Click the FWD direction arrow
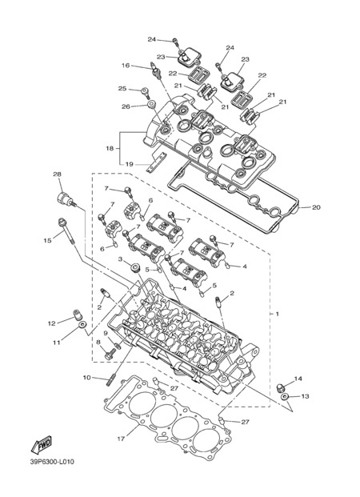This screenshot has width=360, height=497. tap(41, 444)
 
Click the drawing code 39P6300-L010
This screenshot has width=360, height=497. tap(52, 462)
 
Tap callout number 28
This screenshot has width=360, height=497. tap(58, 174)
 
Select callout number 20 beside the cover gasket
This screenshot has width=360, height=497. tap(316, 207)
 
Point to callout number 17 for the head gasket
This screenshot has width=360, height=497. tap(121, 439)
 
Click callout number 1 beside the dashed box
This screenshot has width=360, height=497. tap(278, 314)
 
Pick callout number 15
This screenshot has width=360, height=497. tap(47, 241)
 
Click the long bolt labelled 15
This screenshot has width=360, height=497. tap(66, 232)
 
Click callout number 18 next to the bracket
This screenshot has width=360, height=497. tap(110, 148)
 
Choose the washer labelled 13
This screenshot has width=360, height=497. tap(285, 396)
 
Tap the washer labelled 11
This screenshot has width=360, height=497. tap(82, 325)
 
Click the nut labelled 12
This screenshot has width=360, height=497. tap(77, 314)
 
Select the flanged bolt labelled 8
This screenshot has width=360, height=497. tap(110, 355)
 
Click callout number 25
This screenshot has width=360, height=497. tap(122, 88)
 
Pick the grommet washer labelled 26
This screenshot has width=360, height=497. tap(150, 104)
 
